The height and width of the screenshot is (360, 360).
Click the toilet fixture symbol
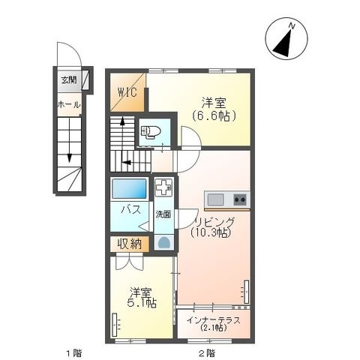point(151,132)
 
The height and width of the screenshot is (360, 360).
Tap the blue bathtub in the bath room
point(129,189)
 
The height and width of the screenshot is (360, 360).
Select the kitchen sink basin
point(216,199)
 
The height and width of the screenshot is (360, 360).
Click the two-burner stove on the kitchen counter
point(240,199)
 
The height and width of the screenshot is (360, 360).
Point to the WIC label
point(127,93)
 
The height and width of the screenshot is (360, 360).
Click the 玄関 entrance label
point(69,80)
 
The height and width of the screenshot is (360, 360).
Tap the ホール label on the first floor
point(69,104)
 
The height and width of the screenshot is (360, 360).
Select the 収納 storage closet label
point(130,244)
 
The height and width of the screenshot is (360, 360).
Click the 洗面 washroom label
point(163,214)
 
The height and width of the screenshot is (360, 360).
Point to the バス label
point(130,210)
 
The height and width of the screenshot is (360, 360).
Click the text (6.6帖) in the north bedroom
point(214,115)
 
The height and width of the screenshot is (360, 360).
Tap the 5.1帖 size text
point(142,303)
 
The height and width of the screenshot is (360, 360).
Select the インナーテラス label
point(214,320)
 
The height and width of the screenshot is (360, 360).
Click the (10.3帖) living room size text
point(210,232)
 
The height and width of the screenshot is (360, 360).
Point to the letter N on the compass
point(292,25)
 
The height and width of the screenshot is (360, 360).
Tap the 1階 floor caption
point(74,353)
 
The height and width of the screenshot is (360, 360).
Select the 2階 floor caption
point(206,353)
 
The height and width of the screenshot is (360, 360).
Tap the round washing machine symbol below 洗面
point(164,242)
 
